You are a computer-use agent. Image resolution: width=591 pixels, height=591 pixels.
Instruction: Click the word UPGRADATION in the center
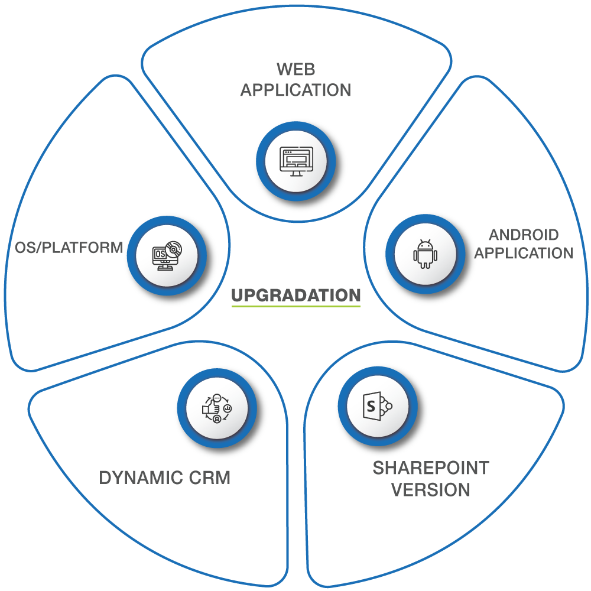point(296,295)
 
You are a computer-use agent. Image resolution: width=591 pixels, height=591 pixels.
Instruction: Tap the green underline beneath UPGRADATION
point(296,306)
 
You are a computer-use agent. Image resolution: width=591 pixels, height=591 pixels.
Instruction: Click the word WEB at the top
point(296,69)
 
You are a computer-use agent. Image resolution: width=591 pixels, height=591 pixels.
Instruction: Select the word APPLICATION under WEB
point(296,90)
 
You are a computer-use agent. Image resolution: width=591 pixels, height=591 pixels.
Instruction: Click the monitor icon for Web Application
point(296,161)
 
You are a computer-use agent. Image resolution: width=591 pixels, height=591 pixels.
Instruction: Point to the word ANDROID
point(524,235)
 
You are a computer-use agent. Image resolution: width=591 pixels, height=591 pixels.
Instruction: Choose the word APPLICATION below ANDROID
point(524,253)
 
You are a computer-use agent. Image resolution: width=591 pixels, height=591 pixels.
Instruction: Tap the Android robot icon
point(426,254)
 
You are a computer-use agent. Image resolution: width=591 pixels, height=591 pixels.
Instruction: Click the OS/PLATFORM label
point(69,248)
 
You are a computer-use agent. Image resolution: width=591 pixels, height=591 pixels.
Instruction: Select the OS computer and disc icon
point(167,255)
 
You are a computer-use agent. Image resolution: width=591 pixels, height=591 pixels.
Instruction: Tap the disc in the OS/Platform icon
point(173,249)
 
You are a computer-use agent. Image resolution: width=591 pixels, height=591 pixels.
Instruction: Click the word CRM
point(209,478)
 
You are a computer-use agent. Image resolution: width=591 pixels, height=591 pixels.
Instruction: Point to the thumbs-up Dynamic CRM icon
point(217,408)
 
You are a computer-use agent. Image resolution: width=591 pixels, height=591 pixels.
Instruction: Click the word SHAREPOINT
point(431,467)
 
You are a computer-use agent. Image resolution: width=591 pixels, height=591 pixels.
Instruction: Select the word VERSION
point(431,490)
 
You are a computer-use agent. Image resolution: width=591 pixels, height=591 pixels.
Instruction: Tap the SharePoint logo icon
point(378,406)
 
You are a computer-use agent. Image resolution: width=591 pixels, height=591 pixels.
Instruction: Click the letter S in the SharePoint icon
point(371,406)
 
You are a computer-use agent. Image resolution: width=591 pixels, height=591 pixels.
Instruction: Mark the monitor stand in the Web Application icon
point(296,174)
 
